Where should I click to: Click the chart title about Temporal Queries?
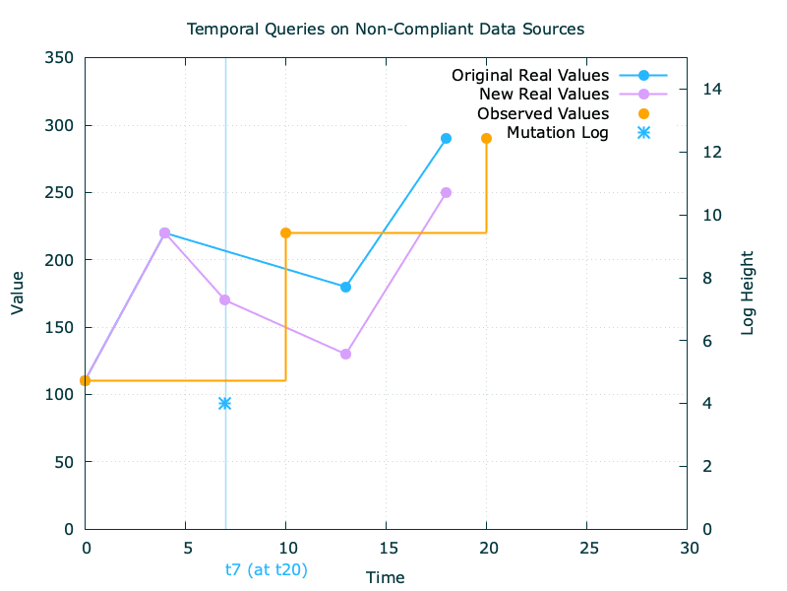click(x=386, y=29)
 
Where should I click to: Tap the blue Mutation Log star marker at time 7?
click(x=225, y=403)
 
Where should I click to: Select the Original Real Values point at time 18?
click(x=446, y=139)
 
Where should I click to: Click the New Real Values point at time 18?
click(x=446, y=193)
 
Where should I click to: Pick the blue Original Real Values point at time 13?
click(x=345, y=287)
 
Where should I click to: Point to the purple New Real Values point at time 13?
click(x=345, y=354)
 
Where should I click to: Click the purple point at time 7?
click(x=225, y=299)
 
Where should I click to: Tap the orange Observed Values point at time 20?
click(x=486, y=139)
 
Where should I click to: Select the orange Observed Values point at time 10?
click(x=285, y=233)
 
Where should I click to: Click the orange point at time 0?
click(x=86, y=380)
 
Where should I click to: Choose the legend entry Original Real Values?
click(x=530, y=76)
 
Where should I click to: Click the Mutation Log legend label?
click(x=558, y=133)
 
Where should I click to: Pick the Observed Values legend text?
click(x=543, y=114)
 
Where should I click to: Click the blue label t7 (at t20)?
click(x=266, y=569)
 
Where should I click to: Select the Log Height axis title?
click(x=748, y=292)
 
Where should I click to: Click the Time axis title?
click(x=386, y=577)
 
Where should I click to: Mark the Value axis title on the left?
click(x=18, y=294)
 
